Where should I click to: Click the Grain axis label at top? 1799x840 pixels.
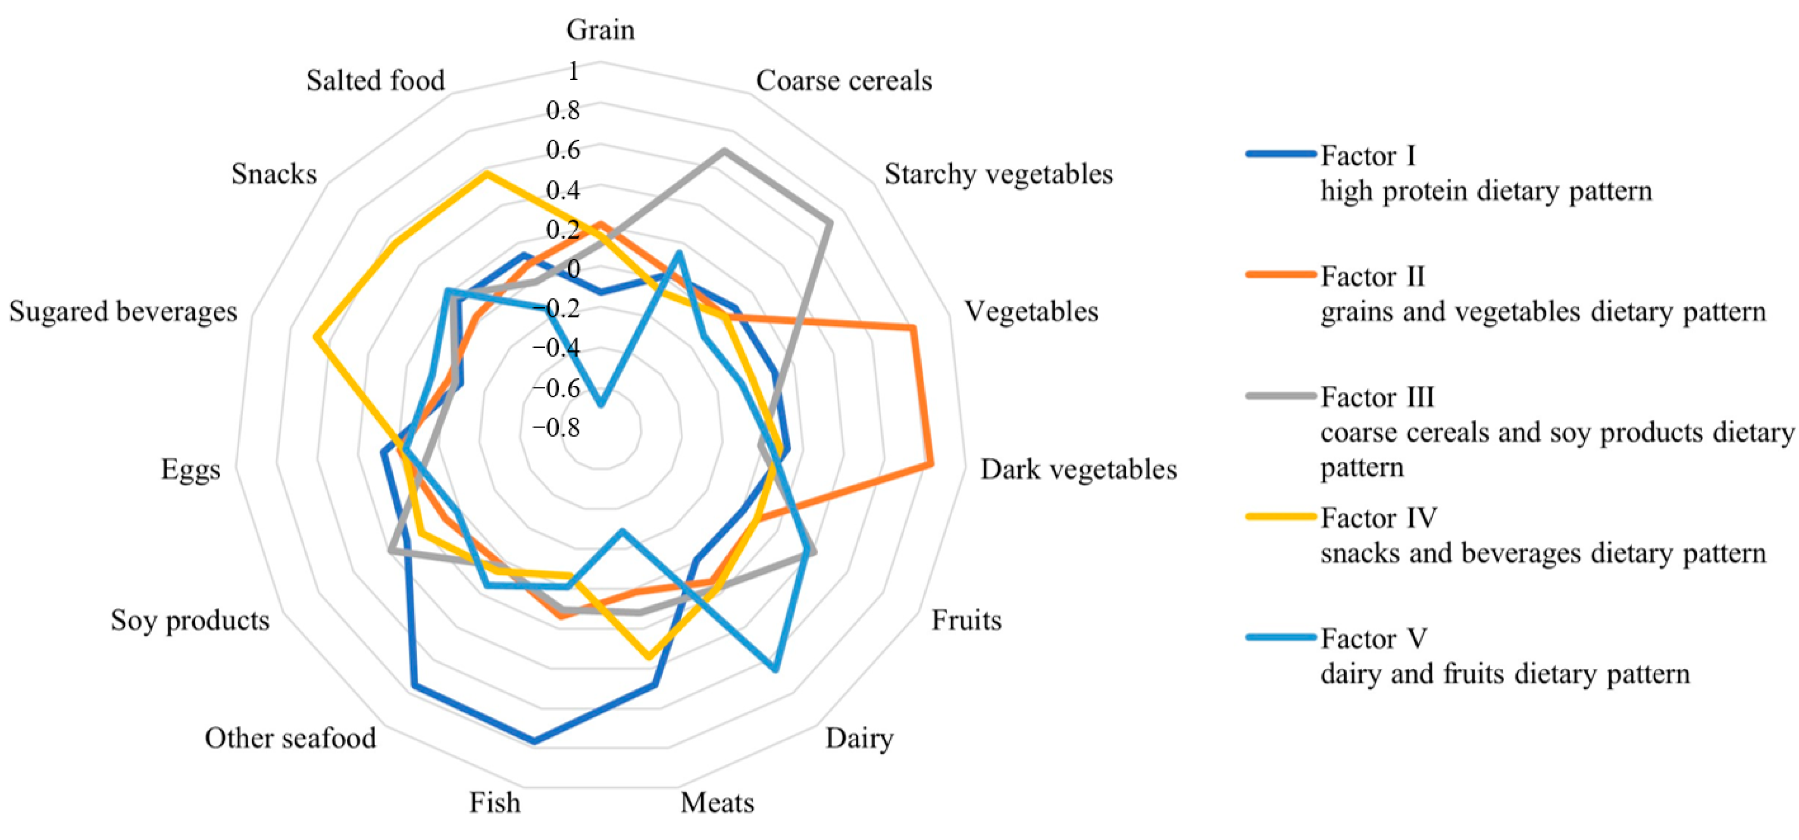(600, 30)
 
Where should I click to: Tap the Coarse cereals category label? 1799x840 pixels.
(844, 81)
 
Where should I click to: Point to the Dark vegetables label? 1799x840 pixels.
(1078, 469)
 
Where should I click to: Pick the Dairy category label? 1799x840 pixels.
(859, 738)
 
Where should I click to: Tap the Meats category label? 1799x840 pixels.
(717, 803)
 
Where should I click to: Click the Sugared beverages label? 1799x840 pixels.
(123, 312)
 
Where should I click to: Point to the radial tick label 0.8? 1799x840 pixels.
(563, 110)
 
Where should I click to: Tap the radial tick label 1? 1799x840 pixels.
(573, 71)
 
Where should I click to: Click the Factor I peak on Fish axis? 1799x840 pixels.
(534, 742)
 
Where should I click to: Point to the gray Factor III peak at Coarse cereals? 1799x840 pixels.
(723, 151)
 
